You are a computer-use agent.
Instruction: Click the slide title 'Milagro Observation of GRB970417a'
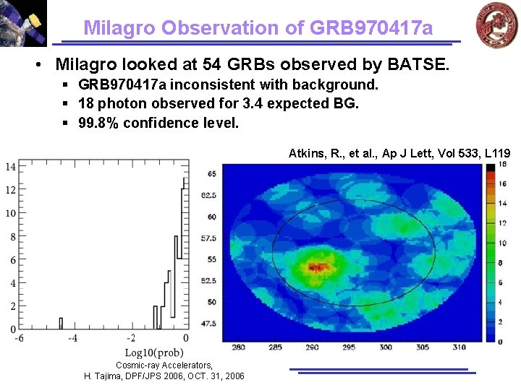click(x=258, y=27)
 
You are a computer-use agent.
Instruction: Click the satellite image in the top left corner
click(x=23, y=23)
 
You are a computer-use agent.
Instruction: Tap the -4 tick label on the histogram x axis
click(x=72, y=338)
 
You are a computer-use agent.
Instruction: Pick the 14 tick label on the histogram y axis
click(x=10, y=167)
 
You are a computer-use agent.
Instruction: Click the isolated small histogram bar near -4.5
click(x=61, y=324)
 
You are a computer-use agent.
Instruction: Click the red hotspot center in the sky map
click(x=315, y=266)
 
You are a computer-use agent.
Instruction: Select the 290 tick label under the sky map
click(x=312, y=347)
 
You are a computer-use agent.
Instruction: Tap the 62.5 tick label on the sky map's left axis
click(x=208, y=195)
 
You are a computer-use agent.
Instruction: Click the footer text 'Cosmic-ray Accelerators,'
click(x=164, y=365)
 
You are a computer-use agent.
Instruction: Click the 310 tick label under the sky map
click(x=459, y=347)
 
